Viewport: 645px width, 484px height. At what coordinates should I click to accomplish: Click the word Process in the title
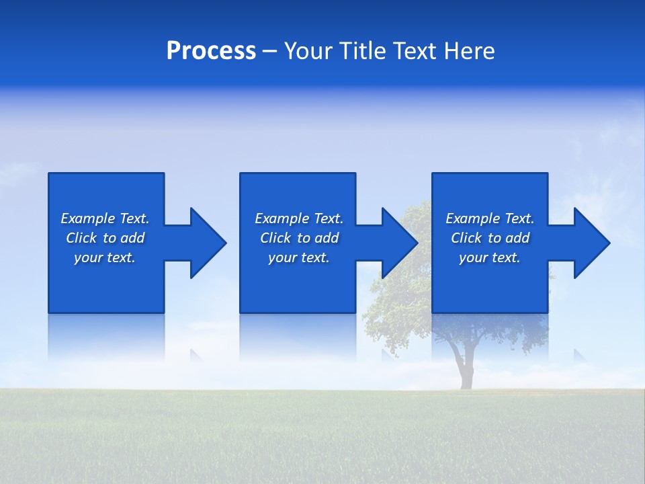(x=211, y=51)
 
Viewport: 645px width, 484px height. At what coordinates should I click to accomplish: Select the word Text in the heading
(x=417, y=51)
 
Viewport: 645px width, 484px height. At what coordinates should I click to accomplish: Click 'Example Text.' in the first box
(x=105, y=218)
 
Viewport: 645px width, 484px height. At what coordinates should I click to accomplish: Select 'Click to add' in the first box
(x=105, y=238)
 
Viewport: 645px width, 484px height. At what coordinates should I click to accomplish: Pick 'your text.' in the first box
(x=105, y=257)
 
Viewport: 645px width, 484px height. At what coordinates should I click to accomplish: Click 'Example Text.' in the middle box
(x=299, y=218)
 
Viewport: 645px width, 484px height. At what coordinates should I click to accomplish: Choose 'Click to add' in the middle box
(x=299, y=238)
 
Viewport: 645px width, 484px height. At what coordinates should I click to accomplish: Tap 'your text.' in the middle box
(x=299, y=257)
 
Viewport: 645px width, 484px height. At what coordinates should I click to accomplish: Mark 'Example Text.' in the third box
(x=490, y=218)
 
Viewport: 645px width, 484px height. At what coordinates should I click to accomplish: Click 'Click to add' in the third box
(x=490, y=238)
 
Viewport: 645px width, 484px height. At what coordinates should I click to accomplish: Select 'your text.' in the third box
(x=490, y=257)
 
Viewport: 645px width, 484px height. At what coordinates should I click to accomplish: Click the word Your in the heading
(x=309, y=51)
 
